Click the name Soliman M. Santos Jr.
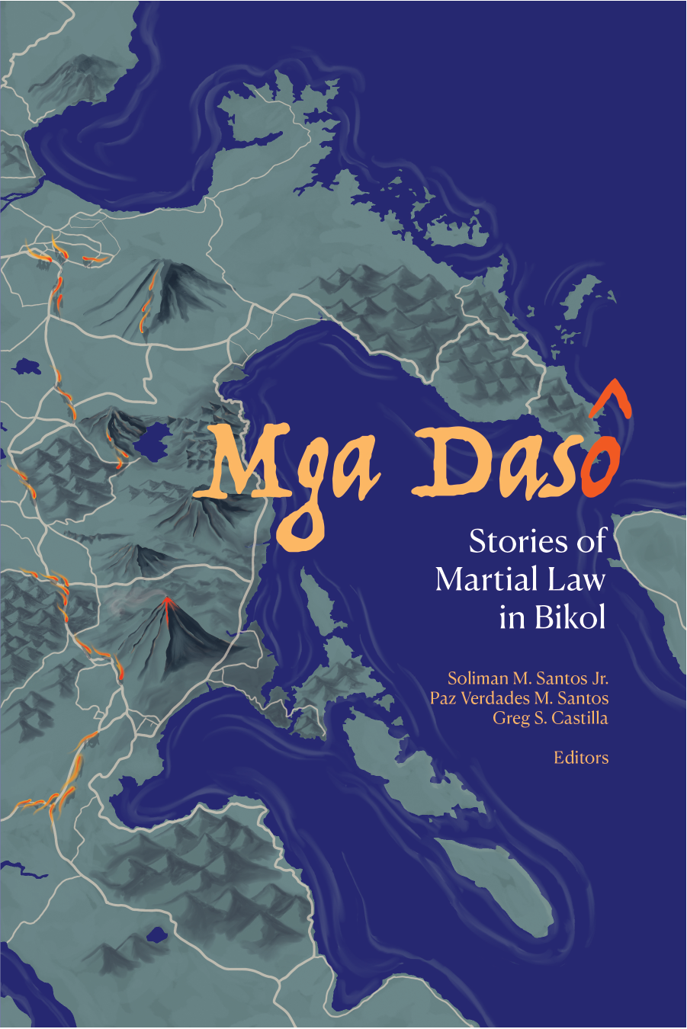528,678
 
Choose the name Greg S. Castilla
550,718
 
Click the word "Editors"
581,758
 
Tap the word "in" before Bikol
512,617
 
